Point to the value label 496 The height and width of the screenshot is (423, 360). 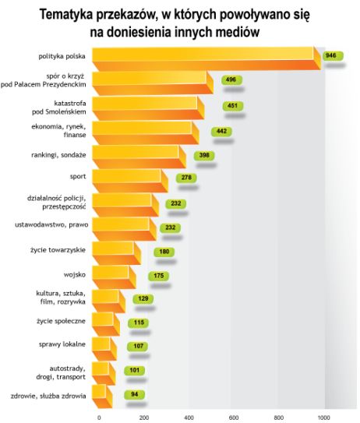(230, 79)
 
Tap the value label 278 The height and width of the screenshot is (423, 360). (186, 178)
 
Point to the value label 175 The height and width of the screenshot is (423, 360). (159, 275)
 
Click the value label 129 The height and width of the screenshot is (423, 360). (143, 299)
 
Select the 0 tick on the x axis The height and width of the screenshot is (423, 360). (99, 417)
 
